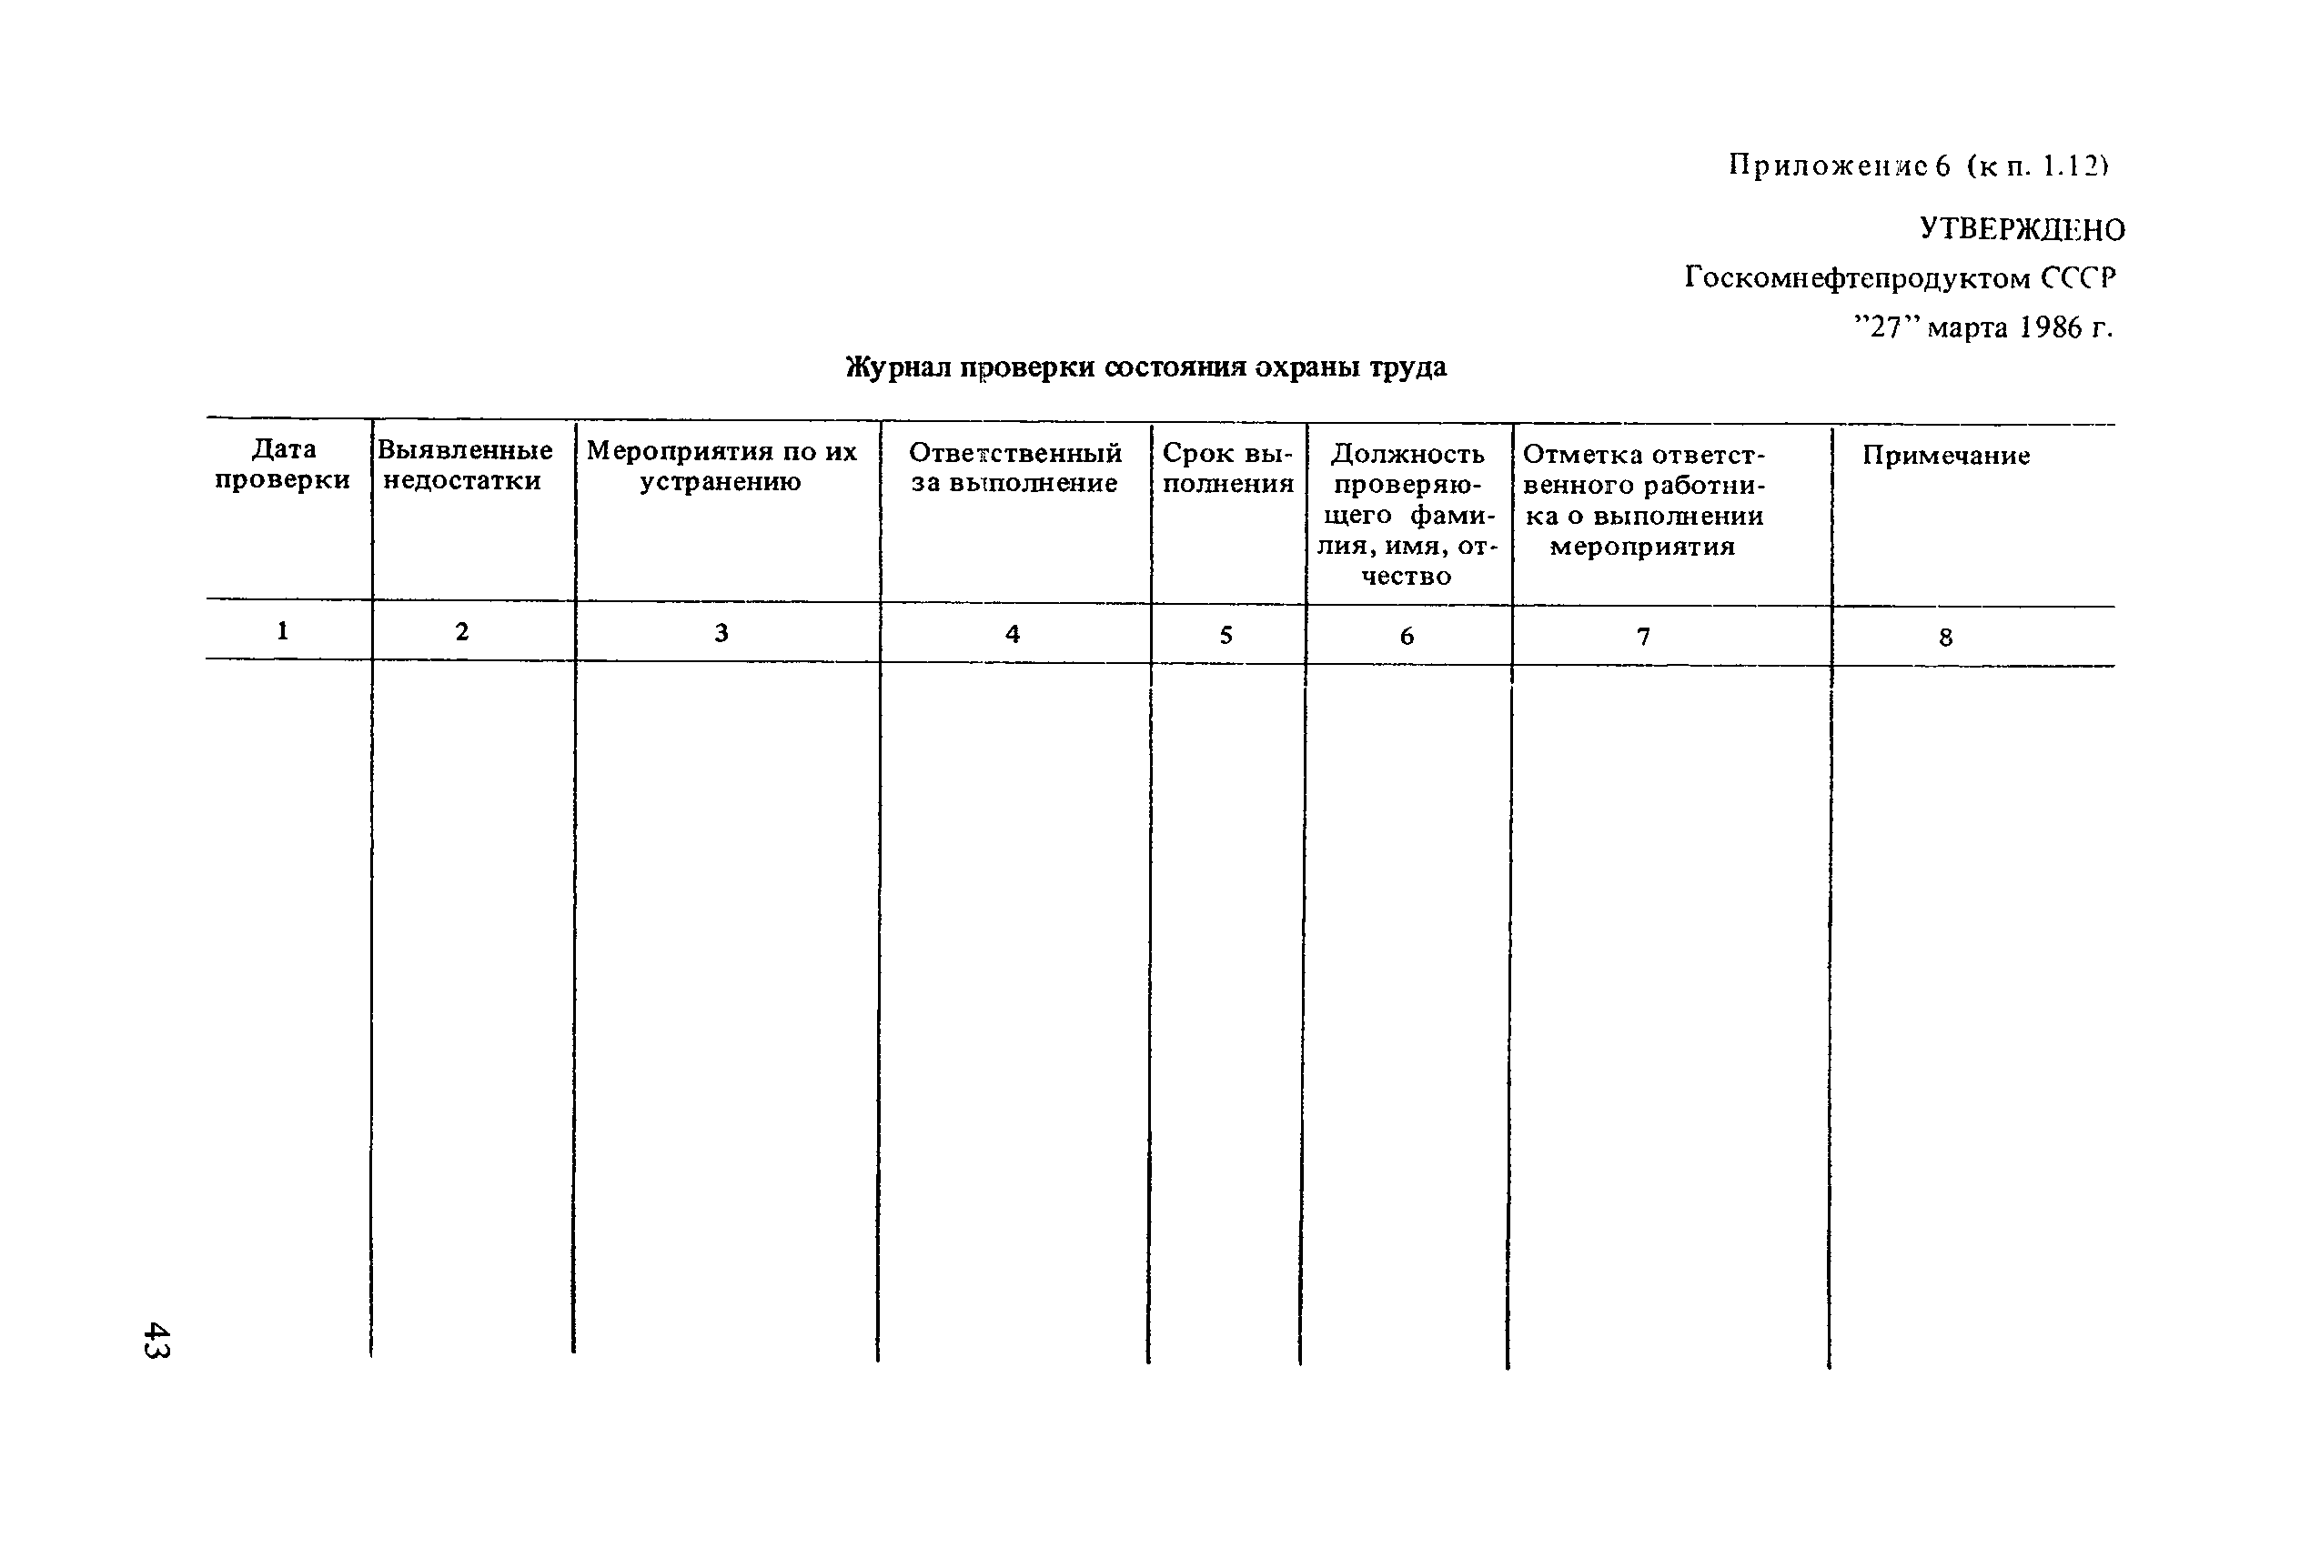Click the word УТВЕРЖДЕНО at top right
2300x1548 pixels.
pyautogui.click(x=2022, y=229)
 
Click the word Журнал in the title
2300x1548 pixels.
pyautogui.click(x=899, y=367)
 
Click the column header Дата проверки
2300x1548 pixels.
pyautogui.click(x=284, y=464)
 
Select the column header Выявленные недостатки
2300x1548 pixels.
pyautogui.click(x=464, y=465)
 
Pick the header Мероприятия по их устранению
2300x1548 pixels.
pyautogui.click(x=721, y=466)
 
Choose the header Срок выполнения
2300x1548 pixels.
pyautogui.click(x=1227, y=468)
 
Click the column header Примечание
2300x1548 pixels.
pyautogui.click(x=1945, y=455)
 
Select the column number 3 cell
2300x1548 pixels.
pyautogui.click(x=721, y=633)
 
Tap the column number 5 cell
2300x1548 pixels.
pyautogui.click(x=1226, y=635)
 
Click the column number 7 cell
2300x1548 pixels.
pyautogui.click(x=1643, y=637)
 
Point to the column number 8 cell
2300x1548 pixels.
pyautogui.click(x=1945, y=638)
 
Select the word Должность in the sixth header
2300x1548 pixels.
pyautogui.click(x=1407, y=454)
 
